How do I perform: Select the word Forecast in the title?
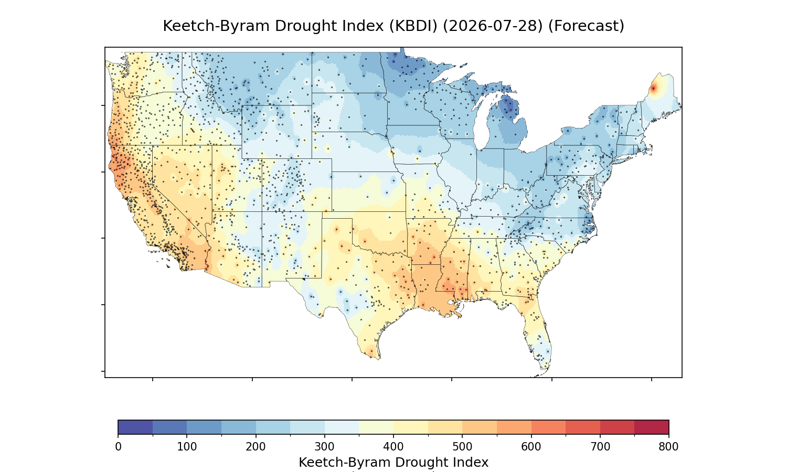click(x=586, y=26)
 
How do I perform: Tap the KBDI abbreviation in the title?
click(x=413, y=26)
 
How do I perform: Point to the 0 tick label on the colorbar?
click(x=119, y=447)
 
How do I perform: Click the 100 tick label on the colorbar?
click(x=187, y=447)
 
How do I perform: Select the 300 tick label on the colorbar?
click(x=325, y=447)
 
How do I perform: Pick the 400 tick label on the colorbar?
click(x=393, y=447)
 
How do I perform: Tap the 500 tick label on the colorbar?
click(x=462, y=447)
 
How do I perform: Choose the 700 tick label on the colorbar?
click(x=600, y=447)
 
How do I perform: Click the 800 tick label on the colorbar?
click(x=668, y=447)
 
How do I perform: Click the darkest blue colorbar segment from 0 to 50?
click(x=135, y=427)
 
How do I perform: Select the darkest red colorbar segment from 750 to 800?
click(x=652, y=427)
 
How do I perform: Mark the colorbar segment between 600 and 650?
click(x=548, y=427)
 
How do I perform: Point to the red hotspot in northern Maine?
click(x=653, y=89)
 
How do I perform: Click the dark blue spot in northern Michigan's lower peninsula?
click(x=509, y=105)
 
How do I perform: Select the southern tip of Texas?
click(x=379, y=359)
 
